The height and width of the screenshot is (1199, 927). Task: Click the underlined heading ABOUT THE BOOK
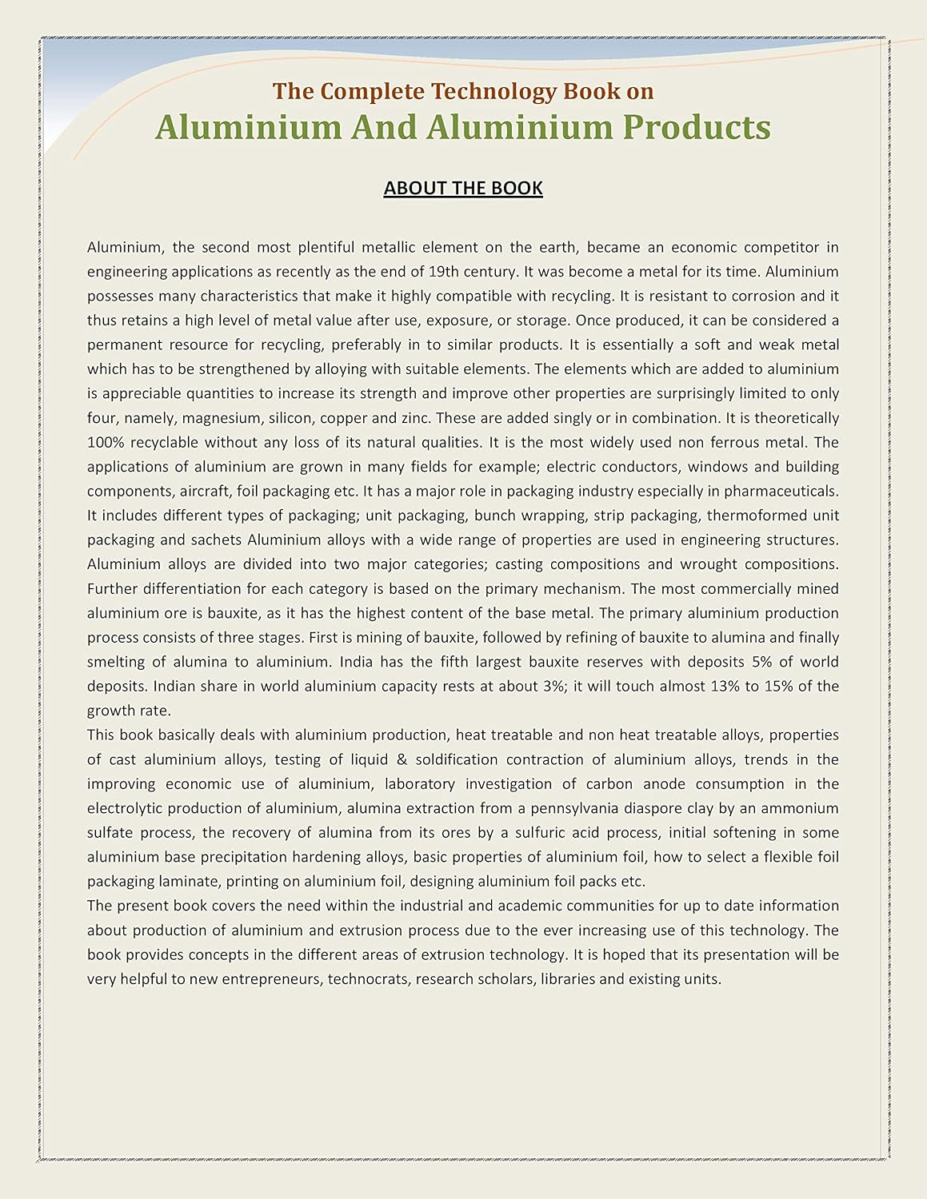click(x=463, y=188)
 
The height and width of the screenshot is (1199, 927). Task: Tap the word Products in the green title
click(x=696, y=127)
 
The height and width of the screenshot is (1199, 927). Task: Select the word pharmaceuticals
click(x=781, y=492)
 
